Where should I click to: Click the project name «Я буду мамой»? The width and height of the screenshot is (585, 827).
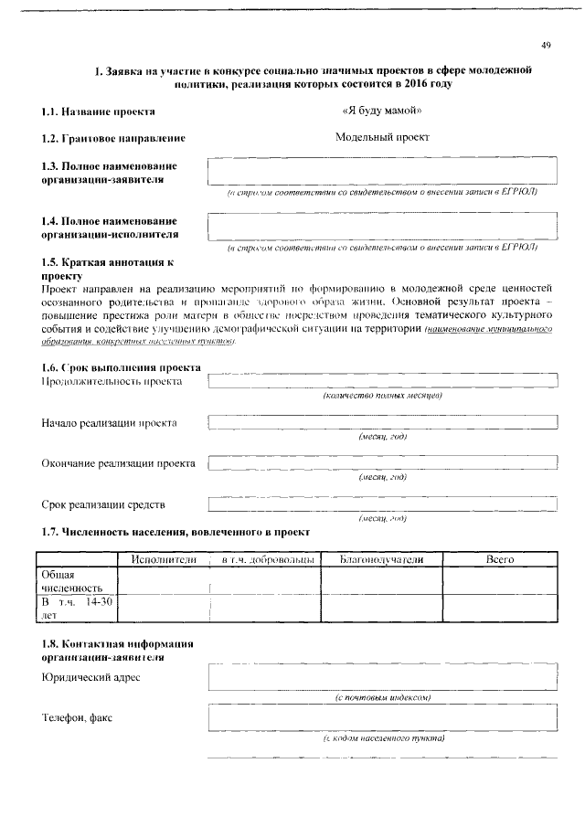pos(381,111)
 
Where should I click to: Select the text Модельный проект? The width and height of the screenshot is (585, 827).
pos(382,138)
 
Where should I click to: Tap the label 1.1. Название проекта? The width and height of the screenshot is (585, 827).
pos(98,112)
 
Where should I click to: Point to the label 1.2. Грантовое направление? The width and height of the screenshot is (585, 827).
pos(113,139)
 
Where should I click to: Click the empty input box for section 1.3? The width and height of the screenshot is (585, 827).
pos(382,173)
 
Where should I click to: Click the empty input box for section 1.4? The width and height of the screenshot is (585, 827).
pos(382,226)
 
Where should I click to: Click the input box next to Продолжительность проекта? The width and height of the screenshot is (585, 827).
pos(382,381)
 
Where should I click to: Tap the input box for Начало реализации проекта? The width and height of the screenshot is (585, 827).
pos(382,422)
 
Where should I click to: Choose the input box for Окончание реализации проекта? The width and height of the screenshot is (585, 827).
pos(382,463)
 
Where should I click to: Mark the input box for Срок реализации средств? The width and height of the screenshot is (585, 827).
pos(382,504)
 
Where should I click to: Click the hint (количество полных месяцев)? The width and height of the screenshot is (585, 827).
pos(382,396)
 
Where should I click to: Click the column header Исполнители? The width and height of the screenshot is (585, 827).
pos(165,558)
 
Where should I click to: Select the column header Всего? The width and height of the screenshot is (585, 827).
pos(500,558)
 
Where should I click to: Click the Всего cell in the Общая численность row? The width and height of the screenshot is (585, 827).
pos(500,580)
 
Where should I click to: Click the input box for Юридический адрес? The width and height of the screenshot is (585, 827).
pos(382,676)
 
